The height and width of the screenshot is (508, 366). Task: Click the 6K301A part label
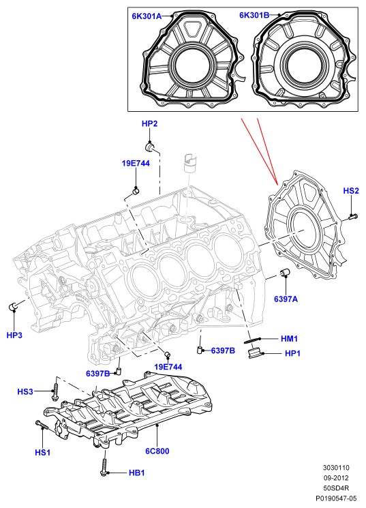(147, 16)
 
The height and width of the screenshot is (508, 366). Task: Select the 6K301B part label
(254, 15)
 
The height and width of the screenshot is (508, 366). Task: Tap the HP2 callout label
(150, 123)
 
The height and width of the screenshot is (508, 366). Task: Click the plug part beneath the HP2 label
(150, 148)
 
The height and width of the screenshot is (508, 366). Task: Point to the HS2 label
(351, 191)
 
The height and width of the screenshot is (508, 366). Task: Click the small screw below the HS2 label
(353, 216)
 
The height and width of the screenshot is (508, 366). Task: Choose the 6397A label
(286, 299)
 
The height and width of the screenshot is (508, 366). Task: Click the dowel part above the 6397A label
(285, 273)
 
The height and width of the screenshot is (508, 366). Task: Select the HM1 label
(289, 339)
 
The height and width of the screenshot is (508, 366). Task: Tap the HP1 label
(292, 353)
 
